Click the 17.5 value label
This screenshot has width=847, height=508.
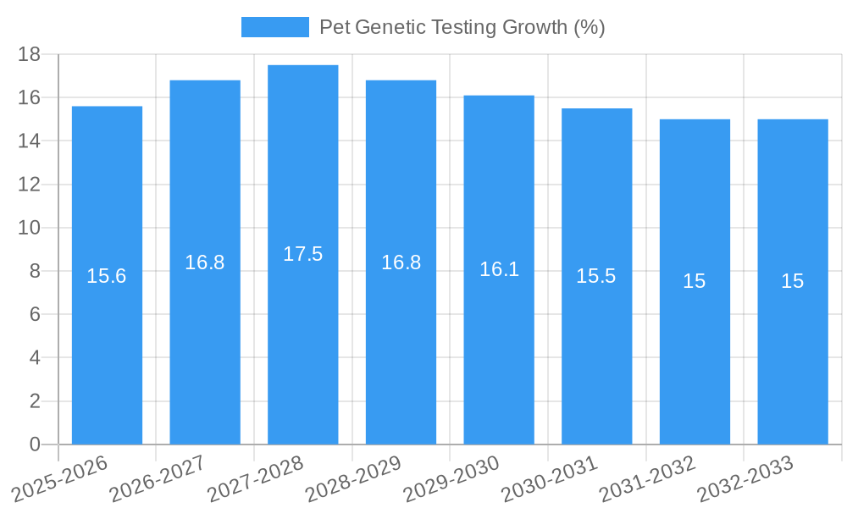302,254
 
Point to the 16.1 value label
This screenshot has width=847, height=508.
499,269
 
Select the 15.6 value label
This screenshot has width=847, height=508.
107,276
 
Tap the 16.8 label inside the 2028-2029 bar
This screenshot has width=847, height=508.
401,262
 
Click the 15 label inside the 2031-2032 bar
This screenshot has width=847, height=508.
695,281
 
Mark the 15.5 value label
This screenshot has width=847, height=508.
596,276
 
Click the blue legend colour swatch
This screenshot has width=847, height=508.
275,27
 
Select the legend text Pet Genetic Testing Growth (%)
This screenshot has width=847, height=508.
462,27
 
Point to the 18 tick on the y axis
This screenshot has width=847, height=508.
30,54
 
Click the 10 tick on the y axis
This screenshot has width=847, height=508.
30,228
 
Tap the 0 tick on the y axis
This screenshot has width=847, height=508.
35,444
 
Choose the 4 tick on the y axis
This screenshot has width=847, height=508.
35,358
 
